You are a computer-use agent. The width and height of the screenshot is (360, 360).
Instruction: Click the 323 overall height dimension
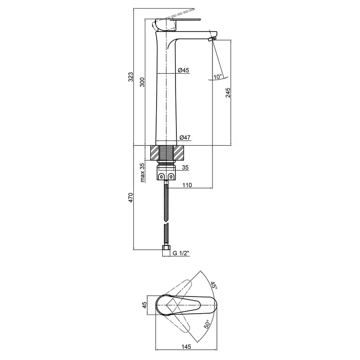[130, 77]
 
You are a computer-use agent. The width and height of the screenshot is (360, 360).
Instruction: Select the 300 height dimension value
[142, 82]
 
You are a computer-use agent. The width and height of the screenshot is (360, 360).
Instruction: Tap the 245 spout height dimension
[228, 93]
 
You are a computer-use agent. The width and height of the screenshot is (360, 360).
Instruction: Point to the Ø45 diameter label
[184, 70]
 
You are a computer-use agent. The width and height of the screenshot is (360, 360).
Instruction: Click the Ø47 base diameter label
[185, 138]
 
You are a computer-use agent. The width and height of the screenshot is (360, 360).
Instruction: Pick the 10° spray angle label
[218, 76]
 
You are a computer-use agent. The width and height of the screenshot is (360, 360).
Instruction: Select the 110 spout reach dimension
[187, 185]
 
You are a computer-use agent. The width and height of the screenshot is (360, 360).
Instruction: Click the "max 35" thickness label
[142, 173]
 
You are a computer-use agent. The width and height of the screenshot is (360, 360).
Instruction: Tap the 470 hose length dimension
[130, 198]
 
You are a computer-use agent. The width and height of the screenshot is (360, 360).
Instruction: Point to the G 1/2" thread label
[181, 253]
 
